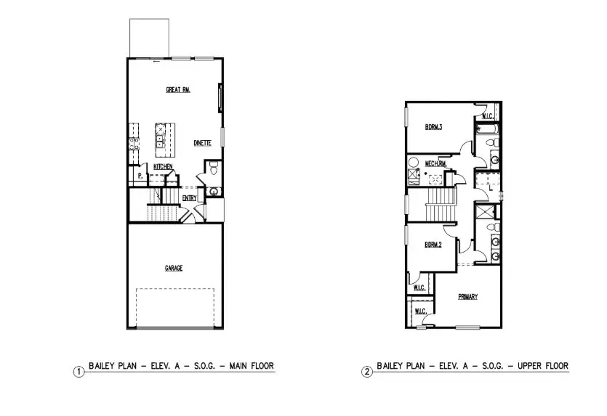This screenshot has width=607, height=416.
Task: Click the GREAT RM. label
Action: (x=177, y=90)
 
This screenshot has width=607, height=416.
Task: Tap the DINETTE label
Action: (x=202, y=143)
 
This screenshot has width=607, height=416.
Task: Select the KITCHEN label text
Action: (x=163, y=167)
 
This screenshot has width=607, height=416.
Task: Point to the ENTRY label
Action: (x=189, y=197)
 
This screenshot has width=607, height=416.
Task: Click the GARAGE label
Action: (x=173, y=268)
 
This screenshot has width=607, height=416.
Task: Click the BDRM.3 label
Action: (x=434, y=127)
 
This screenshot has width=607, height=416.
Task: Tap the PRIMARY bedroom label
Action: (x=467, y=297)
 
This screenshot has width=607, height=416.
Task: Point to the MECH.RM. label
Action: (x=436, y=163)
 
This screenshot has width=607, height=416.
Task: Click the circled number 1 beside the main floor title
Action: (x=78, y=372)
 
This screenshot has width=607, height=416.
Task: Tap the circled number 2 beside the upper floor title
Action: (x=367, y=372)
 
